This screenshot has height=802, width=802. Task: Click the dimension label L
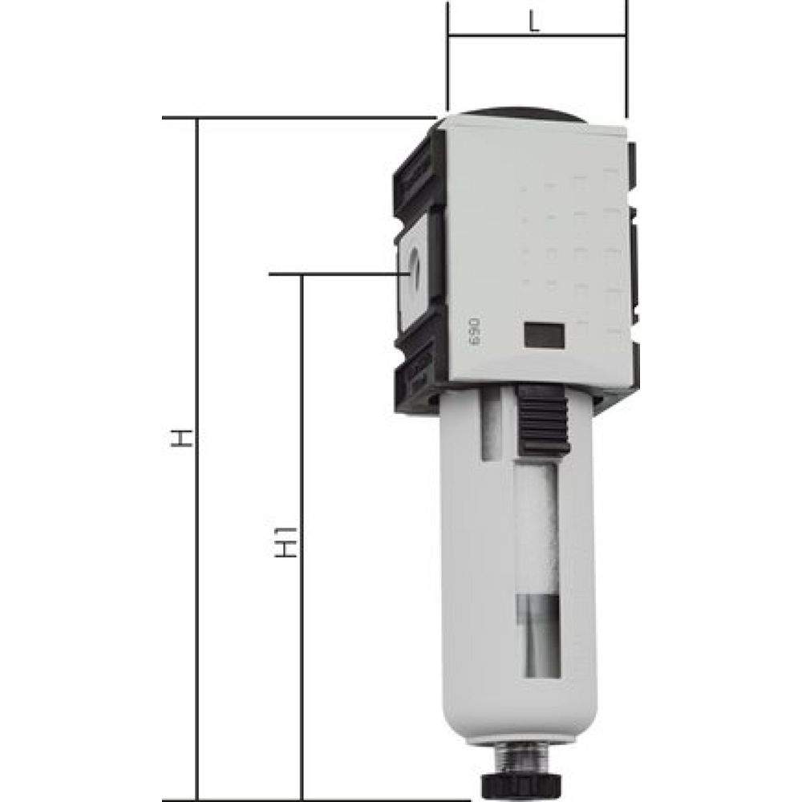pyautogui.click(x=535, y=22)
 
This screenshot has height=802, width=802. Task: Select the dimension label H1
pyautogui.click(x=290, y=542)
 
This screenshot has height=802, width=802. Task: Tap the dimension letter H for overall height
pyautogui.click(x=184, y=439)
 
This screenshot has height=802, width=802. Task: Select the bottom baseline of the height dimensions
pyautogui.click(x=321, y=799)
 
